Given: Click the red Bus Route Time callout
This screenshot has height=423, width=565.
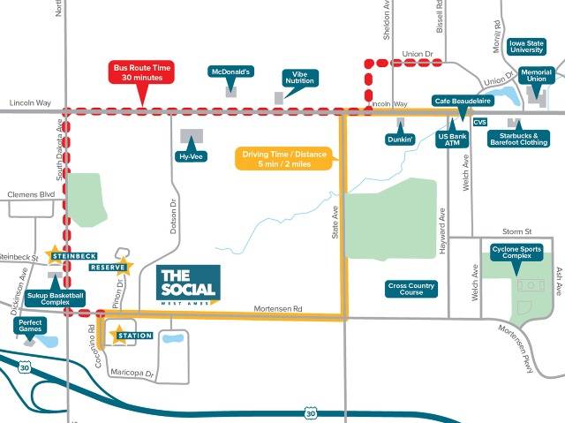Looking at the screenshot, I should click(142, 72).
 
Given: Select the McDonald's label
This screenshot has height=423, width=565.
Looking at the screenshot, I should click(230, 72).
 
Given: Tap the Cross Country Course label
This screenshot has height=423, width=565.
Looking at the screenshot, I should click(412, 289).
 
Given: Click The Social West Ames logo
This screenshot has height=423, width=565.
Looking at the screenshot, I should click(188, 283).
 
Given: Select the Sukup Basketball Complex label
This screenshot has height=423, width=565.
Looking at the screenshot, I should click(55, 298).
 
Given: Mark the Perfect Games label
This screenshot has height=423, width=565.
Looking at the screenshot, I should click(30, 326).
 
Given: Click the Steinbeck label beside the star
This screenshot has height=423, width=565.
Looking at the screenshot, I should click(73, 256).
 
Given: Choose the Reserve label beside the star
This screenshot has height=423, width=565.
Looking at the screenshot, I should click(108, 267).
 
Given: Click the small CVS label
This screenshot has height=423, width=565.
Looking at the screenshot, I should click(480, 122).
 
